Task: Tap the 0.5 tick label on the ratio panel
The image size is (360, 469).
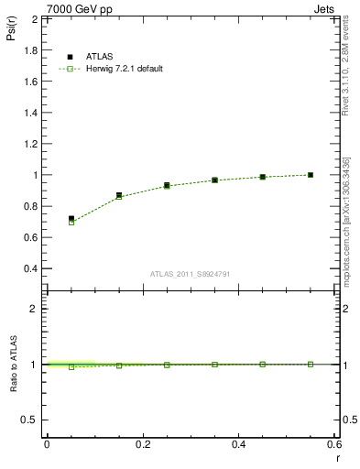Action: (31, 420)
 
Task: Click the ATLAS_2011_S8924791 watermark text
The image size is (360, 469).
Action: (190, 273)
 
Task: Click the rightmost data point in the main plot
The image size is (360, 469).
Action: (311, 174)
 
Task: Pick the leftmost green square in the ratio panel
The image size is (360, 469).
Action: (71, 366)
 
